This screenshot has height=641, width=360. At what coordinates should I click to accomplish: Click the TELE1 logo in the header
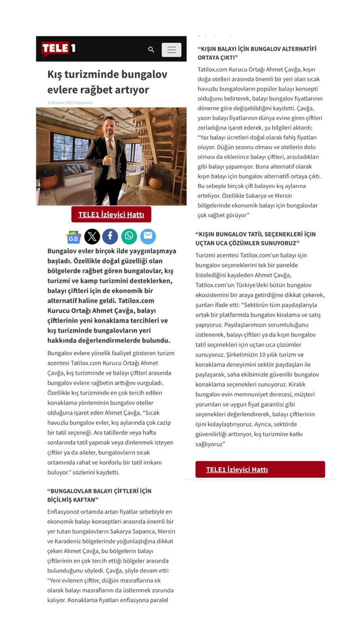(x=58, y=49)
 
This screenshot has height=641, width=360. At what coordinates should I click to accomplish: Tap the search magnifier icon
(x=151, y=50)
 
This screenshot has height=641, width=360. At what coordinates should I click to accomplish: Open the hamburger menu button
(x=171, y=50)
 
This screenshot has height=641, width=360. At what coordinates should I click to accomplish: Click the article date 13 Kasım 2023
(x=70, y=103)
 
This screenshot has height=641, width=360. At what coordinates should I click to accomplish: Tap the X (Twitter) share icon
(x=92, y=236)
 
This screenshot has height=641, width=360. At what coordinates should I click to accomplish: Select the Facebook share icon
(x=110, y=236)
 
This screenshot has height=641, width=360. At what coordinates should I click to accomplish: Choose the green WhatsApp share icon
(x=129, y=236)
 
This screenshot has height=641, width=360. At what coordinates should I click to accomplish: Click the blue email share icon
(x=148, y=236)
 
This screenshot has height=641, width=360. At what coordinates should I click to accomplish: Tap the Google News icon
(x=74, y=237)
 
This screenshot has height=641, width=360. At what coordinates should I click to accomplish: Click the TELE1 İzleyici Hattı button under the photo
(x=111, y=215)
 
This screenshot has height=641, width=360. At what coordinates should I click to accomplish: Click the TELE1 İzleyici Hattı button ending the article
(x=260, y=469)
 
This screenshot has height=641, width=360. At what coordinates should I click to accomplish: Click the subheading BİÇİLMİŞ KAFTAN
(x=73, y=500)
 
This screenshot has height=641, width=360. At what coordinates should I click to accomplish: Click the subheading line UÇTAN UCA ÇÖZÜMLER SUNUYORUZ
(x=247, y=243)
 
